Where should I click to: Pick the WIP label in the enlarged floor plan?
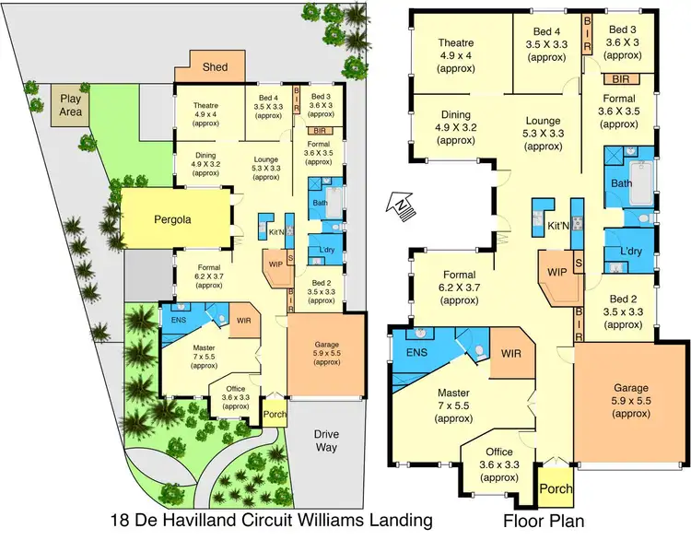tap(556, 272)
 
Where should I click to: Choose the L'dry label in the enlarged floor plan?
tap(629, 251)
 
